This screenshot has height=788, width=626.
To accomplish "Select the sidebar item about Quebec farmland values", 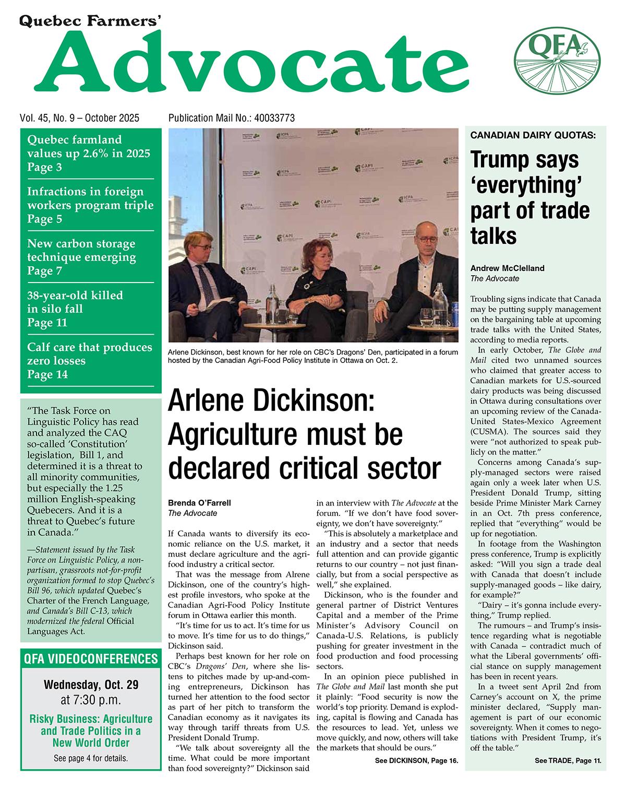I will (x=88, y=153).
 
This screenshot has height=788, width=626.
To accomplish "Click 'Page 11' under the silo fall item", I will (x=47, y=323).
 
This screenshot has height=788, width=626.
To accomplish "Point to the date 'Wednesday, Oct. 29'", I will (x=91, y=684).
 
